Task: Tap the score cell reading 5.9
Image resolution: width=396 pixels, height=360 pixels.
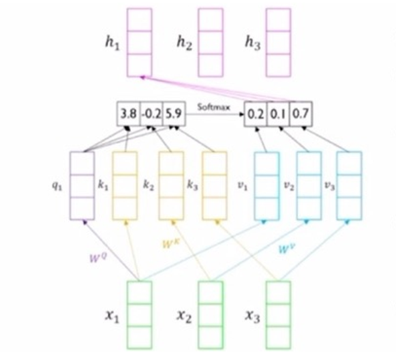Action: pos(174,115)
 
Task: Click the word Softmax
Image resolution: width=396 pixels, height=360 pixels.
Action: pos(214,105)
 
